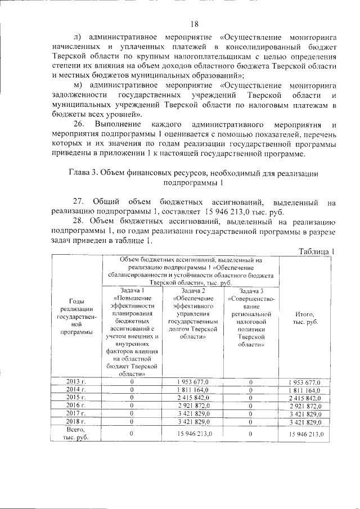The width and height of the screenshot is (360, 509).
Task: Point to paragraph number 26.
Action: pos(79,124)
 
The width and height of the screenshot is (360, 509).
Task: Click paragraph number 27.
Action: pos(79,201)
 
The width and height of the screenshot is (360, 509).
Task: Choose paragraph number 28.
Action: pos(79,222)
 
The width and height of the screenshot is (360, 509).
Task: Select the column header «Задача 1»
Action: pos(131,290)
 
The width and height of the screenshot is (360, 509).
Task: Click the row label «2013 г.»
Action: pos(76,381)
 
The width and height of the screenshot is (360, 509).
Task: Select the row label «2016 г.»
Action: pos(76,405)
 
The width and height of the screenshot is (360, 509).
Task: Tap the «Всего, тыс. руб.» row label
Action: pos(76,434)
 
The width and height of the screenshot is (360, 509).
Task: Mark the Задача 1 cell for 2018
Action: pos(131,421)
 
